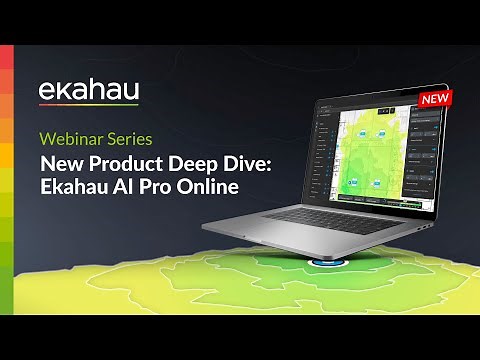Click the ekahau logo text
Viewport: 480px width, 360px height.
(x=88, y=89)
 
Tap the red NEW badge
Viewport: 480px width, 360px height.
(x=433, y=99)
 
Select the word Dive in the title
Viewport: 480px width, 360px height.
(x=239, y=163)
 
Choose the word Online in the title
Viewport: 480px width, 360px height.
(x=211, y=187)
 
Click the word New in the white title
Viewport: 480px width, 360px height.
(x=59, y=163)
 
